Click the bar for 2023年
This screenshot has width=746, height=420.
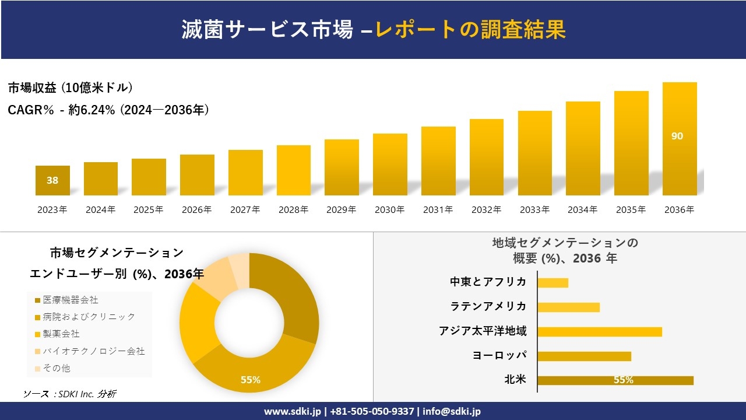coord(52,180)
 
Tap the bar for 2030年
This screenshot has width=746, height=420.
coord(390,164)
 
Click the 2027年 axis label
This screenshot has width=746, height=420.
coord(245,210)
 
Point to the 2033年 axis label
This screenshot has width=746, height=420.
coord(534,210)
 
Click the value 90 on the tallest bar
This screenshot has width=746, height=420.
coord(677,136)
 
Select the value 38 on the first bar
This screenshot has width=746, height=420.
coord(52,180)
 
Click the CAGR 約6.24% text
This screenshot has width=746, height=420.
coord(108,110)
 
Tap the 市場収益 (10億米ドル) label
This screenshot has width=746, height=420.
coord(71,88)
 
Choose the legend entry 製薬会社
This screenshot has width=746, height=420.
coord(61,334)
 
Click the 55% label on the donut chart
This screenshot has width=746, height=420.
coord(251,380)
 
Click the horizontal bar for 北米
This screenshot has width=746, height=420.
coord(615,380)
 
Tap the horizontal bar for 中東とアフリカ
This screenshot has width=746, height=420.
coord(553,282)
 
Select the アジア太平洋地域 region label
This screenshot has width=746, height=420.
coord(483,331)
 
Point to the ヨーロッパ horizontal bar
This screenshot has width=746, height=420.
coord(584,356)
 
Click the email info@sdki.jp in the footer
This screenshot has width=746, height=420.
coord(452,411)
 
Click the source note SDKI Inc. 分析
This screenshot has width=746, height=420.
coord(69,394)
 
